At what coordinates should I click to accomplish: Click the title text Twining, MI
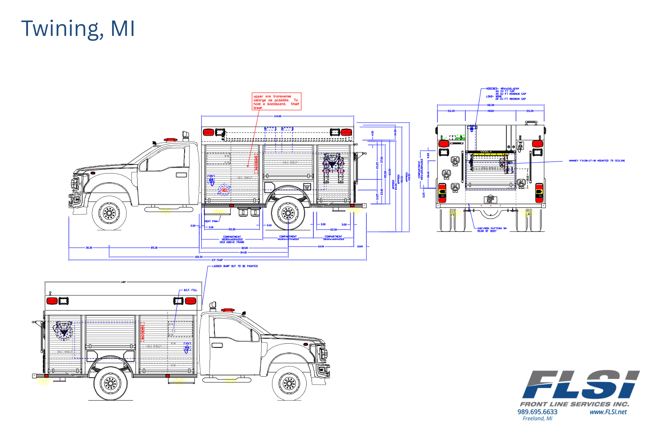tap(78, 29)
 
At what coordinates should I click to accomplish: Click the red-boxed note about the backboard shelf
tap(276, 101)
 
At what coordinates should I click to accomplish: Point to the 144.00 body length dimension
tap(277, 116)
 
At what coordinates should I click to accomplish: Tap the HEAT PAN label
tap(211, 221)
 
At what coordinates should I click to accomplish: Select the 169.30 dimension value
tap(198, 257)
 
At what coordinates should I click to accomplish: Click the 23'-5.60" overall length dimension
tap(217, 260)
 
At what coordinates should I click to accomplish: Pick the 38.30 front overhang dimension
tap(89, 248)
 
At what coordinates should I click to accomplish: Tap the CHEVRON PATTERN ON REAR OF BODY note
tap(492, 229)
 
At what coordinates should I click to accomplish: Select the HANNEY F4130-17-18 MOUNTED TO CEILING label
tap(597, 161)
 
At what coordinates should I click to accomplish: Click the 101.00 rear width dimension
tap(491, 105)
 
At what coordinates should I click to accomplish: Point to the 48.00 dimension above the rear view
tap(491, 111)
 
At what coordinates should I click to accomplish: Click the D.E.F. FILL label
tap(190, 290)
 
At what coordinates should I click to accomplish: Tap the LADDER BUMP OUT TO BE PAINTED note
tap(235, 266)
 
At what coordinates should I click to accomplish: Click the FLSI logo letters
tap(581, 385)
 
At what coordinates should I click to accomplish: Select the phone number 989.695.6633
tap(537, 412)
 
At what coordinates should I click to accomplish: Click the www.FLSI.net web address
tap(608, 412)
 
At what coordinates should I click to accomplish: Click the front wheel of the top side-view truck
tap(109, 213)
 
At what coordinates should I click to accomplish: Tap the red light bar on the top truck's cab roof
tap(170, 140)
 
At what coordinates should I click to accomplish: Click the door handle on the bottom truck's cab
tap(217, 345)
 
